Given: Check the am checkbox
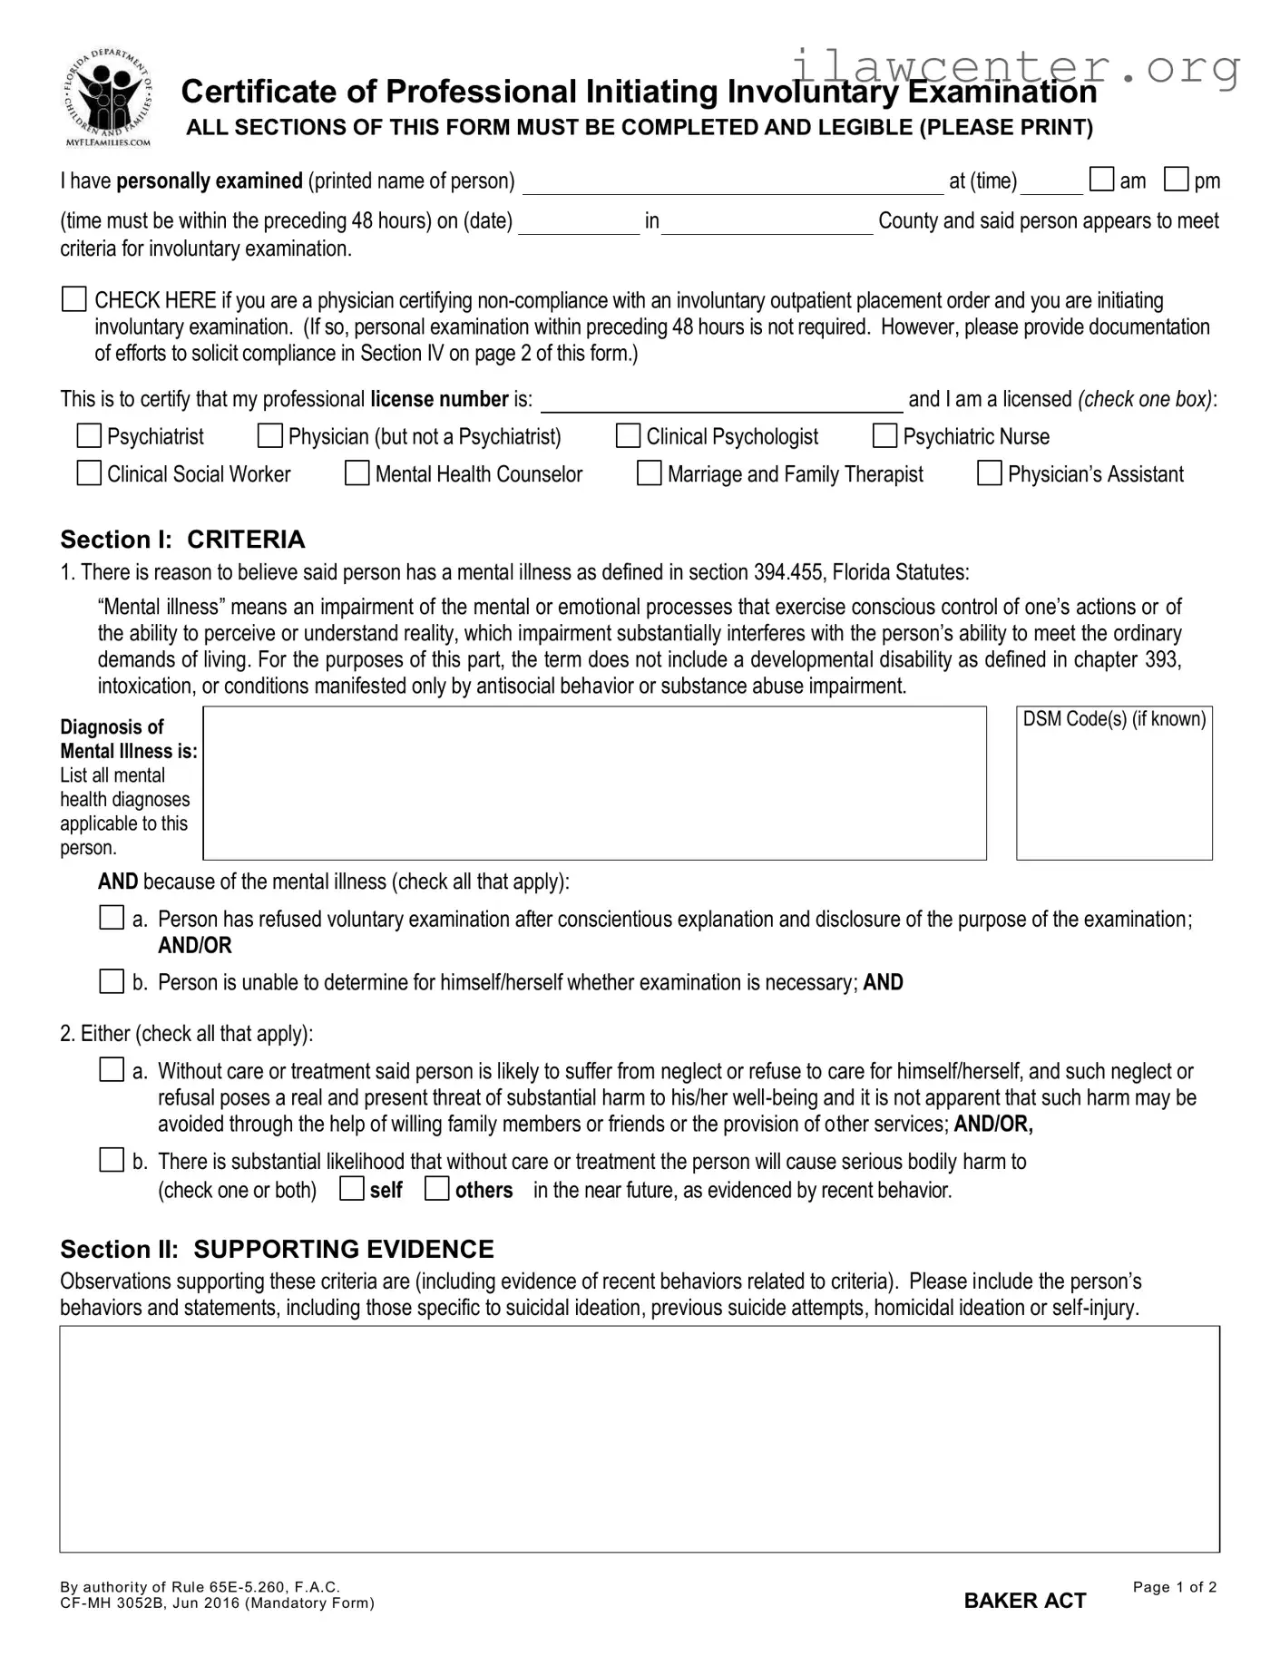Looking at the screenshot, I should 1101,180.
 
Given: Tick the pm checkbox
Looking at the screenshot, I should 1177,180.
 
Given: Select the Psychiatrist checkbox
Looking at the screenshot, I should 89,436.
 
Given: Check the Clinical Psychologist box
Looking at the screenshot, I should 628,436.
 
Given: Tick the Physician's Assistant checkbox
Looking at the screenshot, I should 990,473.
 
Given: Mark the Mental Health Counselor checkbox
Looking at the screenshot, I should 357,473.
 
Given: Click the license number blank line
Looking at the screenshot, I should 721,402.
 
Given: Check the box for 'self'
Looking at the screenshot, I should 352,1188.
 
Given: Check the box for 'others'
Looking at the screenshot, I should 437,1188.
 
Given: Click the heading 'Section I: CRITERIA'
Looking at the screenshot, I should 182,540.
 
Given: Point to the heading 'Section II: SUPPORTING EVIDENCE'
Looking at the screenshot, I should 277,1249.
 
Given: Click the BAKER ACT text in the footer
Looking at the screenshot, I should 1024,1601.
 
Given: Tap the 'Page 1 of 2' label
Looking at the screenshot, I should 1174,1587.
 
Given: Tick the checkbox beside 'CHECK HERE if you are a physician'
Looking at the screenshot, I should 73,299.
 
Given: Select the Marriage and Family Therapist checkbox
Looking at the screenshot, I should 650,473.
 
